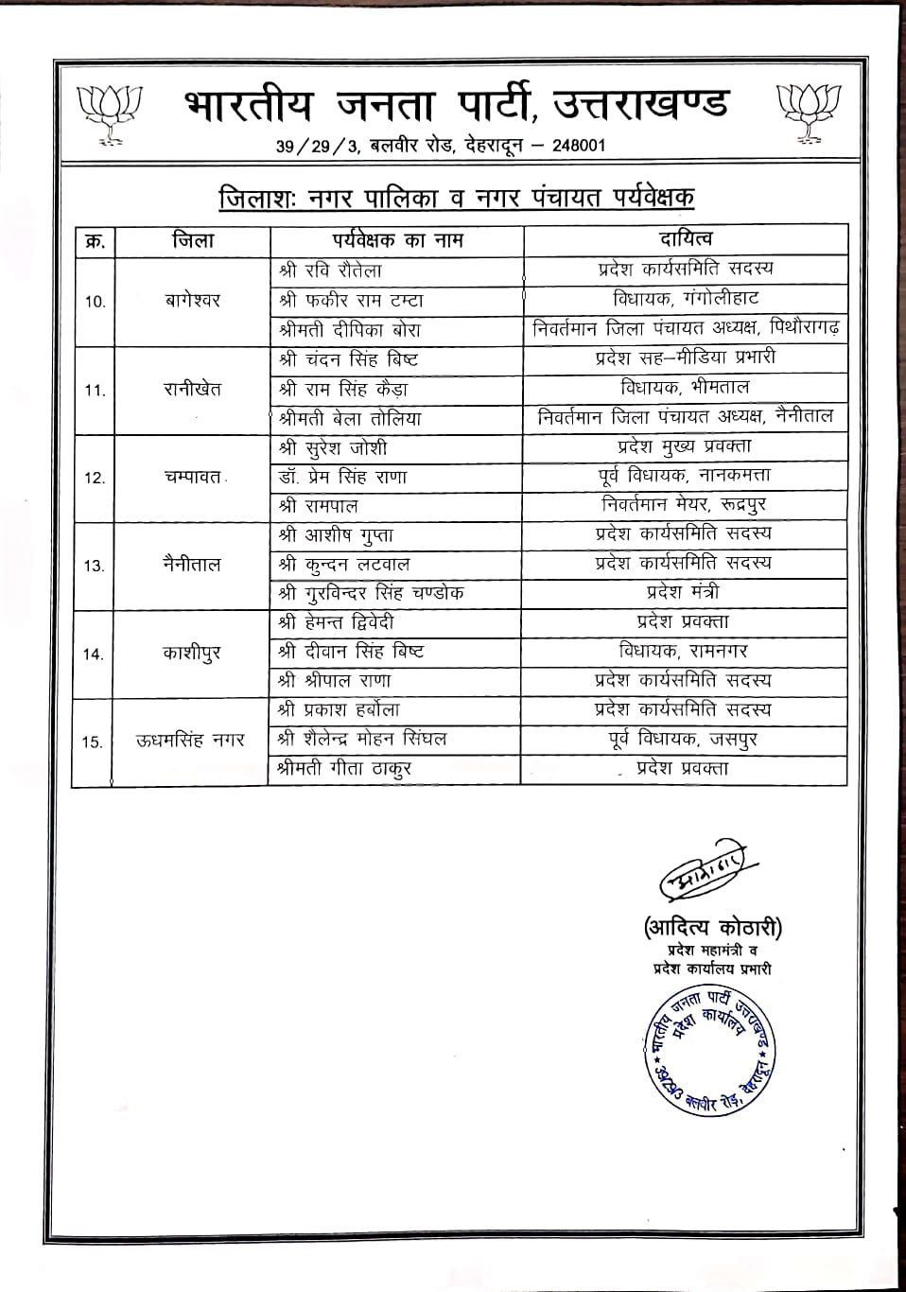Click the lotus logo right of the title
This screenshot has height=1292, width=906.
(808, 113)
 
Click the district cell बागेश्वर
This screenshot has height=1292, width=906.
(191, 301)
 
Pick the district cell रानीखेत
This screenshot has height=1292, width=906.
(192, 389)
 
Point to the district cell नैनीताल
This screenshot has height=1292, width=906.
(192, 565)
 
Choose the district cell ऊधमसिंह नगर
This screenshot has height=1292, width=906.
(190, 740)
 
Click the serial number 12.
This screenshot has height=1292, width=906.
(95, 478)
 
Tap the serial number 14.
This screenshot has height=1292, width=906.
(95, 654)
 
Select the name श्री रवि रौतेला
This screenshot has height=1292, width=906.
(330, 271)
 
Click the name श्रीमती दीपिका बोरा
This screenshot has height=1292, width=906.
(350, 330)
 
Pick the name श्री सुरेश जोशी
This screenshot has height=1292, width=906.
(333, 447)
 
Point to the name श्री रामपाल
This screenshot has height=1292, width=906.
(319, 506)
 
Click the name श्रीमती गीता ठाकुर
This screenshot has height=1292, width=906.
(344, 769)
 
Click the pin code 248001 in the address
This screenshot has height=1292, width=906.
(572, 146)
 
